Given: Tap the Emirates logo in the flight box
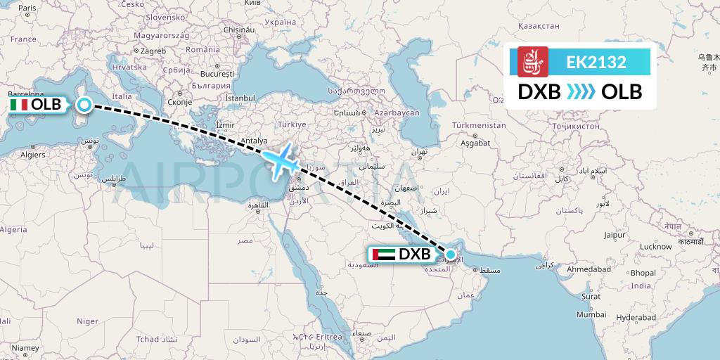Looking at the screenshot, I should (x=532, y=62).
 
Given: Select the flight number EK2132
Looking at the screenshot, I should (x=596, y=63).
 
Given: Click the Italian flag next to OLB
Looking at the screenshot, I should (x=19, y=105).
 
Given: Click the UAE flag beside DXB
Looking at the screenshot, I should (x=384, y=254).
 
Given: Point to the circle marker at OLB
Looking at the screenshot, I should (x=84, y=105).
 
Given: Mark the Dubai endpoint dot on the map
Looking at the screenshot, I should (x=450, y=254).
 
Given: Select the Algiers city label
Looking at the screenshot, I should (x=32, y=154).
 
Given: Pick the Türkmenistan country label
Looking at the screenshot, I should (x=479, y=125).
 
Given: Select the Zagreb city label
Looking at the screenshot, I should (x=153, y=51).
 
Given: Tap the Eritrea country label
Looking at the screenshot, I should (x=328, y=337).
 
